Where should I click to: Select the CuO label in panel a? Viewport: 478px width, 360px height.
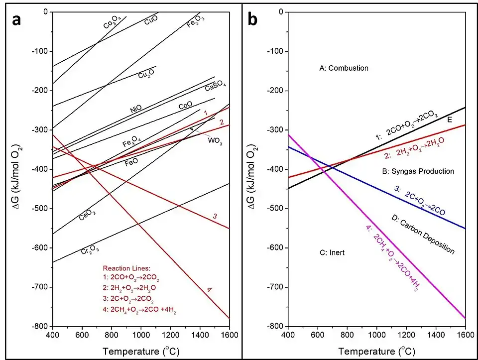point(151,21)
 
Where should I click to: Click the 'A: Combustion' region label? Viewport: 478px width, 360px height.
point(344,68)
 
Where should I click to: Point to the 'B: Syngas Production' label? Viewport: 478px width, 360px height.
point(418,171)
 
